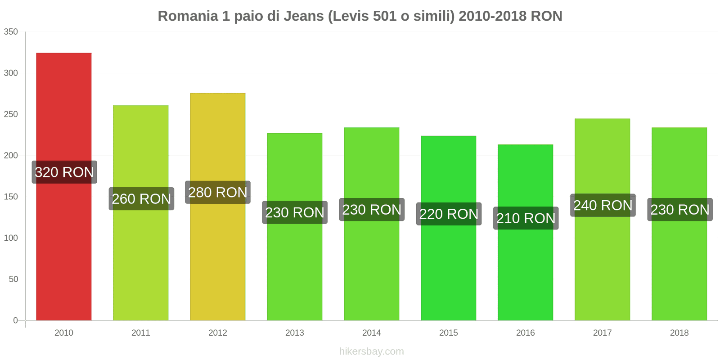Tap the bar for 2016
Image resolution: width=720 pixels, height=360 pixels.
[525, 270]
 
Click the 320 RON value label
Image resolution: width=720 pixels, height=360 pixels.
[64, 172]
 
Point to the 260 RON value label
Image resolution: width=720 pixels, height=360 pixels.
[141, 198]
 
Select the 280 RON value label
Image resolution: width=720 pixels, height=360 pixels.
[218, 192]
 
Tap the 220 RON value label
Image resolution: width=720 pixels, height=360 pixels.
[449, 214]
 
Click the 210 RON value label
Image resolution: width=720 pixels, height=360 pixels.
[526, 218]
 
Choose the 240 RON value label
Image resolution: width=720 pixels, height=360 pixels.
[603, 205]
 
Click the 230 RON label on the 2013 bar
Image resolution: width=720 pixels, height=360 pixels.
[295, 212]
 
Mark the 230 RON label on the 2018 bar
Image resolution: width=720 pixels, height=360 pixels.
[679, 209]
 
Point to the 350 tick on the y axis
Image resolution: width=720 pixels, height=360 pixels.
[11, 31]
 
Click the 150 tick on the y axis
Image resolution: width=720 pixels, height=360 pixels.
[11, 197]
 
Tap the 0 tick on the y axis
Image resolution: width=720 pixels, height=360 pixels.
[15, 320]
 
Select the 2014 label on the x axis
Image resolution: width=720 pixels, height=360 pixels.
[371, 333]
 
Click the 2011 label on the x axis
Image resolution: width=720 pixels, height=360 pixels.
[140, 333]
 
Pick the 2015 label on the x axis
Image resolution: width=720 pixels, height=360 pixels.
[448, 333]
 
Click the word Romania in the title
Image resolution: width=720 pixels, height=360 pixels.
[187, 16]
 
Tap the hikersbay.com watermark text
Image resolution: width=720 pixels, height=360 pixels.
[371, 351]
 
